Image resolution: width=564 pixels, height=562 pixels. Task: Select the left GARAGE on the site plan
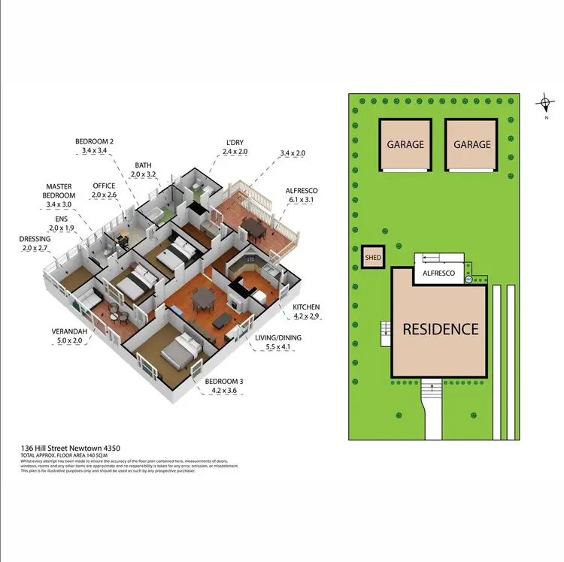pos(405,144)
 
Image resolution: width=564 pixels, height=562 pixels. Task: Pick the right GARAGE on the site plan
pos(472,144)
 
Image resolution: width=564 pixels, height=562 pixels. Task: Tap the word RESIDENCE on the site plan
pos(440,328)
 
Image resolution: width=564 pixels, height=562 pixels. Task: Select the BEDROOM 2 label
pos(94,141)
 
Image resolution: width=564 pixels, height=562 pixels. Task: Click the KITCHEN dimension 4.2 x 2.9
pos(305,317)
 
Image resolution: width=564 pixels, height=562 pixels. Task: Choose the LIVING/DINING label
pos(278,338)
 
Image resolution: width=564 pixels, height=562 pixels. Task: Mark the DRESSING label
pos(35,239)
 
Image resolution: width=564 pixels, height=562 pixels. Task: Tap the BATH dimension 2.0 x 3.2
pos(144,174)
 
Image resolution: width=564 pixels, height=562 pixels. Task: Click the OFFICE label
pos(104,186)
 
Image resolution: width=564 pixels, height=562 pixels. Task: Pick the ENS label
pos(57,218)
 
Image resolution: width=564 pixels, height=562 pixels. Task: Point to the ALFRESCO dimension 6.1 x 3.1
pos(304,201)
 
